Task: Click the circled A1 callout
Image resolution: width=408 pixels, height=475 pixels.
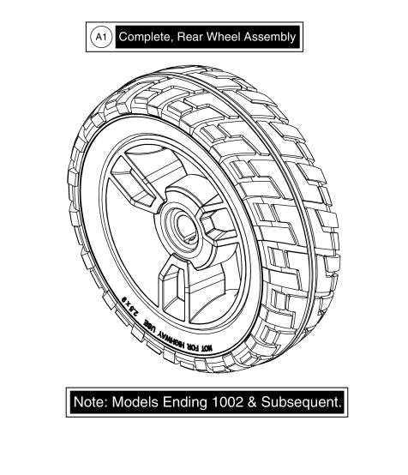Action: pyautogui.click(x=100, y=37)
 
